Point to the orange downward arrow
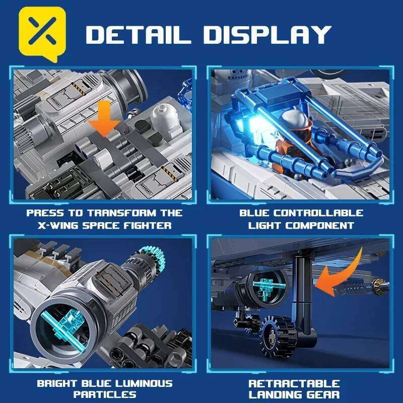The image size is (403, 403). tap(104, 120)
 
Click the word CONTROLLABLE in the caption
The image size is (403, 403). tap(323, 213)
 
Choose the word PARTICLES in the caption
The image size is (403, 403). tap(104, 395)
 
